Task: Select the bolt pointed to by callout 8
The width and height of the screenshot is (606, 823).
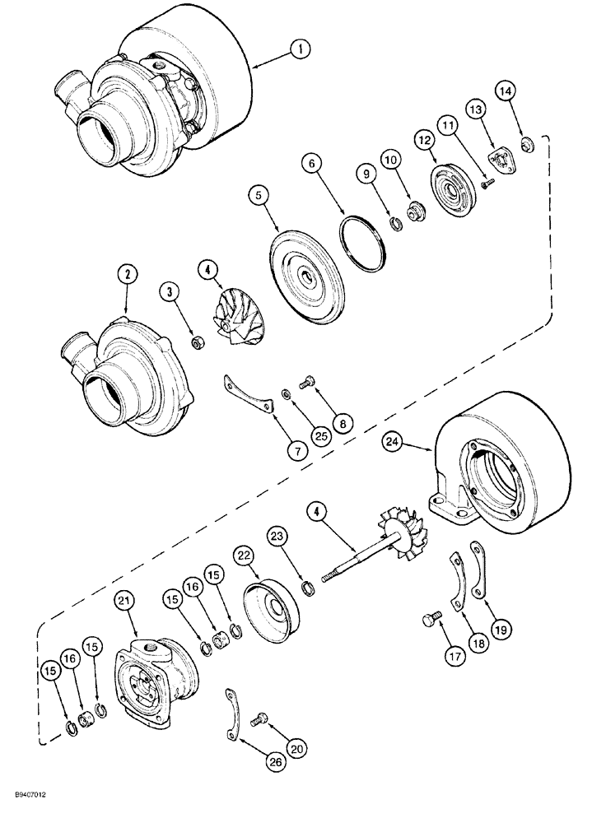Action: coord(306,382)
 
